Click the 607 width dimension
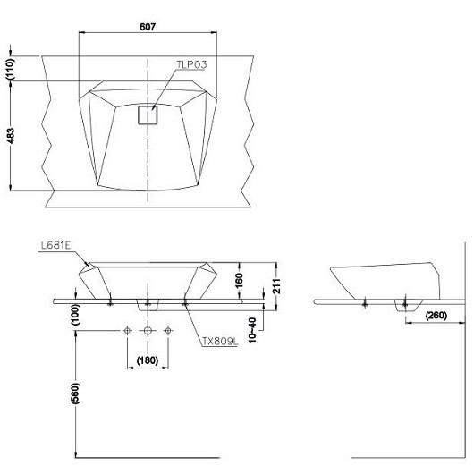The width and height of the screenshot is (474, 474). pyautogui.click(x=148, y=27)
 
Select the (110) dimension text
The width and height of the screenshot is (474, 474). pyautogui.click(x=10, y=69)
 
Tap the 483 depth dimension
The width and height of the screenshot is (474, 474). pyautogui.click(x=10, y=136)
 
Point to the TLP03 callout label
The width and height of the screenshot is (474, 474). pyautogui.click(x=191, y=64)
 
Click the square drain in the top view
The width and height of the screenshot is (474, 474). pyautogui.click(x=148, y=114)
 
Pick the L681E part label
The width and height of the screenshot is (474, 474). pyautogui.click(x=55, y=245)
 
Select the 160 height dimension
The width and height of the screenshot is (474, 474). pyautogui.click(x=239, y=281)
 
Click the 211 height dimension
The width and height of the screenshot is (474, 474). pyautogui.click(x=276, y=286)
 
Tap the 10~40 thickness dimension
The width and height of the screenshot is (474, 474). pyautogui.click(x=252, y=330)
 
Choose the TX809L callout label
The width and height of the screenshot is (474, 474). pyautogui.click(x=220, y=342)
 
